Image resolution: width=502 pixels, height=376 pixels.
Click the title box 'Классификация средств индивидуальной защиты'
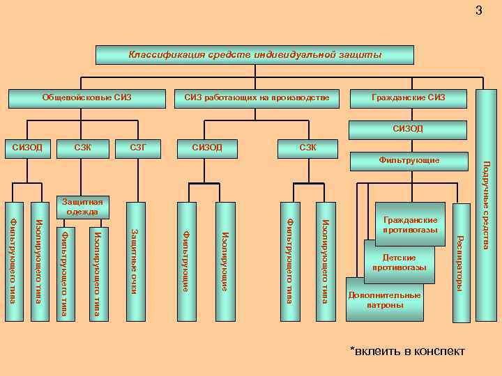254,55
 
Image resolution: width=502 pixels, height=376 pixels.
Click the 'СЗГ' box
142,147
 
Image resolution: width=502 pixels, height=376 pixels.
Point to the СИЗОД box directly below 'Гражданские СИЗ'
408,129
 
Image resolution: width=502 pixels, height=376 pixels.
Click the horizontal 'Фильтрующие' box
408,161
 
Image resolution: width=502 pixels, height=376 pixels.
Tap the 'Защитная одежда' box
81,206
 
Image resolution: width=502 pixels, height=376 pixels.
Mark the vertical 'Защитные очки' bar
135,261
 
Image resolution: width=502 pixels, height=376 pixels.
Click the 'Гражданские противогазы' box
410,224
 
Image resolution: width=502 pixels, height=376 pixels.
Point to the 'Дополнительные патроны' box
384,300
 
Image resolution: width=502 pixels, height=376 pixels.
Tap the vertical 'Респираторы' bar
460,263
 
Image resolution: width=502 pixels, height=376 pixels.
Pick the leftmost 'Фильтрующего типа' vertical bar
14,261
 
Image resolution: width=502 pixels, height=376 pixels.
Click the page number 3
478,10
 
